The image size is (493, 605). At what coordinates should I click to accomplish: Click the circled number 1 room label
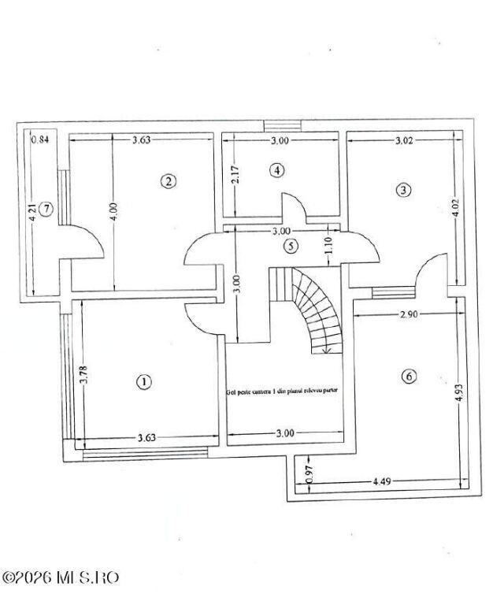coord(144,382)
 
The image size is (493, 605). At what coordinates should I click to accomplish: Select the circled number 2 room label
coord(168,180)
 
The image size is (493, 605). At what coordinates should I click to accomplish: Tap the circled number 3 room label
coord(403,190)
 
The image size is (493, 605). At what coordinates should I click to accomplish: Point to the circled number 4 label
coord(276,169)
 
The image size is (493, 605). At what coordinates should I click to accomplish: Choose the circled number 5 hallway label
coord(291,246)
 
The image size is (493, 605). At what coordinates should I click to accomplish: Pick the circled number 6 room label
coord(408,377)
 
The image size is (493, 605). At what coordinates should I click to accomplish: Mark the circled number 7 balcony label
coord(47,209)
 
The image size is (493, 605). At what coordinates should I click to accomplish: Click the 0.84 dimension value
coord(39,140)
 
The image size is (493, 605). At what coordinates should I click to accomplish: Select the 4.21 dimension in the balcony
coord(33,213)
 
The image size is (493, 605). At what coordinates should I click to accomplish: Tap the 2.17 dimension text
coord(235,174)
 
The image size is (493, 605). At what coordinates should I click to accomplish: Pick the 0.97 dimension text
coord(310,473)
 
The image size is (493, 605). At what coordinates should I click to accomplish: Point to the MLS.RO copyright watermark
coord(61,577)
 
